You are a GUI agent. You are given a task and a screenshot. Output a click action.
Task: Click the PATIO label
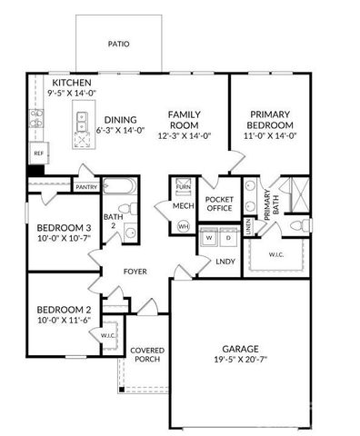click(x=119, y=43)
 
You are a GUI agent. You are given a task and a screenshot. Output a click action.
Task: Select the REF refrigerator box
click(x=39, y=154)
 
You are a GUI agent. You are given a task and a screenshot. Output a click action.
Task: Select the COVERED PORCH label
click(x=146, y=355)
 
